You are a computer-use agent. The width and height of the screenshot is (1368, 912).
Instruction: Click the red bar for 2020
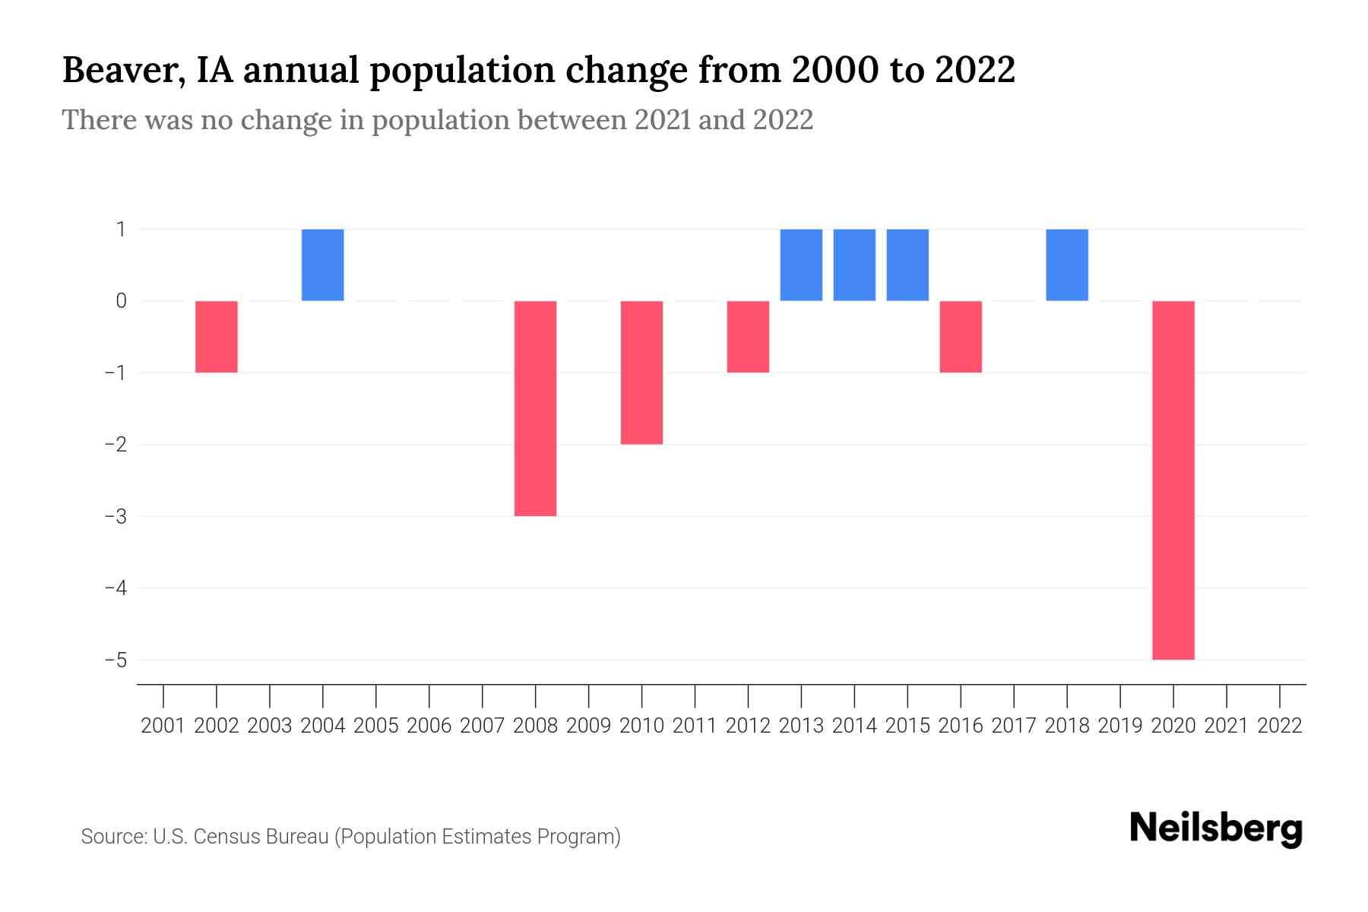[x=1173, y=480]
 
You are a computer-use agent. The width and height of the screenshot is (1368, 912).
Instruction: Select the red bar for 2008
[x=535, y=408]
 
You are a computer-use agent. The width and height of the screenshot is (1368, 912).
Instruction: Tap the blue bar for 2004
[x=322, y=264]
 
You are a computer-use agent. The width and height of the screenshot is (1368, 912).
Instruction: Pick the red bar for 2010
[x=641, y=372]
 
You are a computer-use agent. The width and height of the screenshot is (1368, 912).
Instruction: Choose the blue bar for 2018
[x=1066, y=264]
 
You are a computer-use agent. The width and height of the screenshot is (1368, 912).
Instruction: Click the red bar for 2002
[x=217, y=337]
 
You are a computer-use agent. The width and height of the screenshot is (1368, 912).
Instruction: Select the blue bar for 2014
[x=854, y=264]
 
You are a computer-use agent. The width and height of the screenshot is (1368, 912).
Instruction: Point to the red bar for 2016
[x=961, y=337]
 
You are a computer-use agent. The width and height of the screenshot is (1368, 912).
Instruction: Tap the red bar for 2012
[x=748, y=337]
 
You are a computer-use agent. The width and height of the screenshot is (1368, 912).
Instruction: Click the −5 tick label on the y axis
[x=116, y=660]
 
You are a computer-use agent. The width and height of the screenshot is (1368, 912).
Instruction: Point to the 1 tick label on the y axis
[x=121, y=229]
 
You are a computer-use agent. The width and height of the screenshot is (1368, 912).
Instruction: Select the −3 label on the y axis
[x=116, y=516]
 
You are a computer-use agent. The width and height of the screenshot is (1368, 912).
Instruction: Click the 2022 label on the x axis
[x=1280, y=726]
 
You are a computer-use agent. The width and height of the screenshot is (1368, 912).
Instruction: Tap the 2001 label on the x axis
[x=163, y=726]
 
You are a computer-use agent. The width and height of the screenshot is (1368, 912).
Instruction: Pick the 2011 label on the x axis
[x=695, y=726]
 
